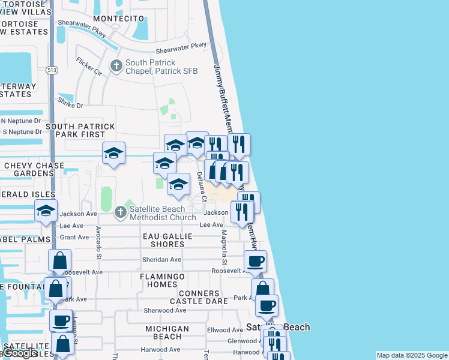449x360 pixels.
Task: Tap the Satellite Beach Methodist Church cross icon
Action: (x=121, y=211)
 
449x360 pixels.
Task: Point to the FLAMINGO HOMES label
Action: (x=162, y=280)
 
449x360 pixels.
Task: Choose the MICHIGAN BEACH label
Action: (x=167, y=333)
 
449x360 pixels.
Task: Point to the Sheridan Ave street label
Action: (x=161, y=260)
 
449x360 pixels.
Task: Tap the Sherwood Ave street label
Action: (x=165, y=310)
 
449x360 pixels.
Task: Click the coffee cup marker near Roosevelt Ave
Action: (x=255, y=261)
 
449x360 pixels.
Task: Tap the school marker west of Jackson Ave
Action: (x=46, y=211)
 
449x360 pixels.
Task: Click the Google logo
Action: (x=20, y=353)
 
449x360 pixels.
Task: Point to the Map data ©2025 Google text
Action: (x=412, y=355)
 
